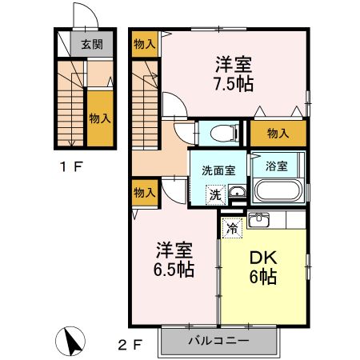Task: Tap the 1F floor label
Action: pos(70,169)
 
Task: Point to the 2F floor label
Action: pos(130,346)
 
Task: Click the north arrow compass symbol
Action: pos(73,342)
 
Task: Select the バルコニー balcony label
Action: pos(218,341)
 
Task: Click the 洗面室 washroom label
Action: pos(218,169)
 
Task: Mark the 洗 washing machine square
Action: pos(214,193)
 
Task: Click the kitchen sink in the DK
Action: pos(259,220)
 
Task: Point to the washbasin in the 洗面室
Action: pos(238,192)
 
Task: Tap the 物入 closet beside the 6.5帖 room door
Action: pos(143,193)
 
